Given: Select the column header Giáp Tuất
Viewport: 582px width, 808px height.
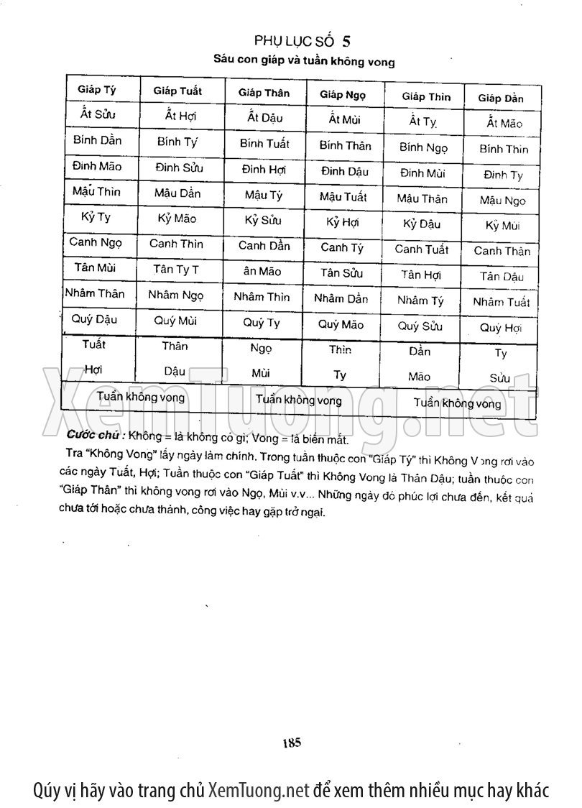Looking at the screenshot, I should point(177,91).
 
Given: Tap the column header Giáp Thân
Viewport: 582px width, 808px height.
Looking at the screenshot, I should point(264,93).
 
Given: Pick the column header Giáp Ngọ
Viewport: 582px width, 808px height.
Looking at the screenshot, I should point(343,95).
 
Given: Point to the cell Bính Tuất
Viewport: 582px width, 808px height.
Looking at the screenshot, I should point(264,144).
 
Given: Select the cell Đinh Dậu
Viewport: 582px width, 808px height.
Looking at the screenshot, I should point(344,172).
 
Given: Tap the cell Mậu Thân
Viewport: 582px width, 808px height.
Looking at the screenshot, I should point(422,199).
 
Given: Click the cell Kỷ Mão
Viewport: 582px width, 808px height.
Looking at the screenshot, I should point(177,219).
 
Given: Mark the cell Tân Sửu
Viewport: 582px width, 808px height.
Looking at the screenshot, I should point(342,273).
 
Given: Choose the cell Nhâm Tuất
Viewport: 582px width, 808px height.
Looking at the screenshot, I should point(501,303).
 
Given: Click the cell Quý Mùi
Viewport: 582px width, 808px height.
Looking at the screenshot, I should point(175,321).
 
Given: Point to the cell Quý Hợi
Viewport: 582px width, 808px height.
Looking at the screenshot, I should point(500,329).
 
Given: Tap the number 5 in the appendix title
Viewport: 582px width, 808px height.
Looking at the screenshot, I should point(346,40).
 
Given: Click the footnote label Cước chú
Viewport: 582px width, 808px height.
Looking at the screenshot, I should point(95,436).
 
